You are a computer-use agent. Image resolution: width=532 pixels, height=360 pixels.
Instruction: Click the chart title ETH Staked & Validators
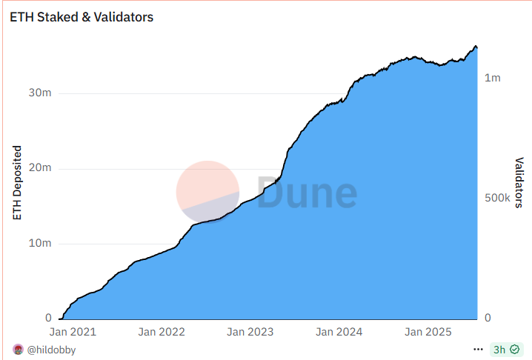(x=82, y=16)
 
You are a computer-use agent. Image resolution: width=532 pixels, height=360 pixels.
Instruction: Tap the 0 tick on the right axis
(x=488, y=319)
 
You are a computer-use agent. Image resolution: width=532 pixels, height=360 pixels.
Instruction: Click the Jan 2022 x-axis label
(x=162, y=333)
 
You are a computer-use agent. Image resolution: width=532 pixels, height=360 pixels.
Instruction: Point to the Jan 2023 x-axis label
(x=250, y=333)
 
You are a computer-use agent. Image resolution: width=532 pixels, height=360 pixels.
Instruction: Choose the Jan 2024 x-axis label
(x=339, y=333)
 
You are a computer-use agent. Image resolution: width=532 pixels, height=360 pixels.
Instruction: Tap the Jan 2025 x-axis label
(x=428, y=333)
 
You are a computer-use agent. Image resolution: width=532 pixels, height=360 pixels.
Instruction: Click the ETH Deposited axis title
(x=18, y=184)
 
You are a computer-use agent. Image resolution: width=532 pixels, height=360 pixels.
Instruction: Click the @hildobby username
(x=51, y=350)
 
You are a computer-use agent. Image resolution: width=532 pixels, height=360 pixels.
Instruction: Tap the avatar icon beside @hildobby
(x=18, y=350)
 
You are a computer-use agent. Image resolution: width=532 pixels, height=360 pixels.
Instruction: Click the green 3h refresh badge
(x=505, y=349)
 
